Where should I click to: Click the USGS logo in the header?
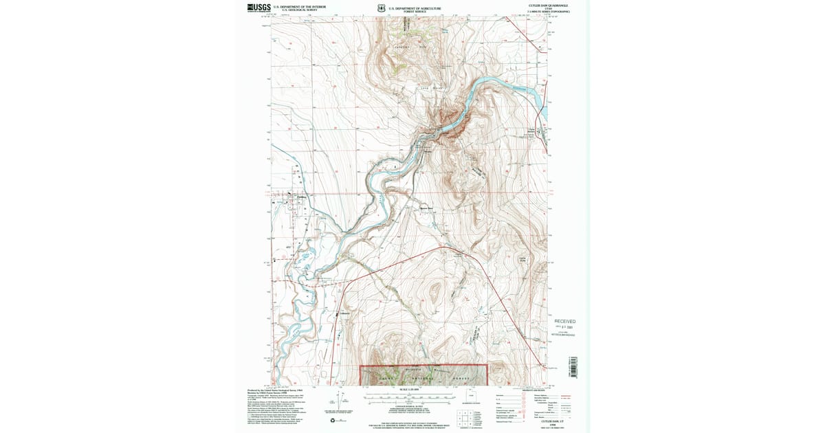click(258, 8)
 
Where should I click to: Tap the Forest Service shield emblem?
click(382, 9)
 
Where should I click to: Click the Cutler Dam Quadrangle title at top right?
click(548, 5)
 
